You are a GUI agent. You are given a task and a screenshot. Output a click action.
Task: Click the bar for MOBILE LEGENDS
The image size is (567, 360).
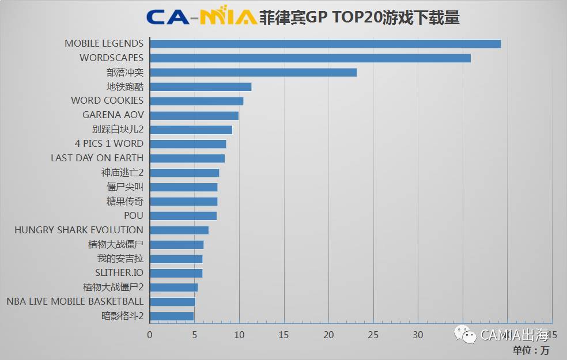(325, 44)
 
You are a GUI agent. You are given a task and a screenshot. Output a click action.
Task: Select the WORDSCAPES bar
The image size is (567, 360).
(310, 58)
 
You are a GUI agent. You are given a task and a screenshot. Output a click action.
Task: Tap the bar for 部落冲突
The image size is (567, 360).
(253, 73)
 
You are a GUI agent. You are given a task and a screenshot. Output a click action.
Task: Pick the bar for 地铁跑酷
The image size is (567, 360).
(201, 87)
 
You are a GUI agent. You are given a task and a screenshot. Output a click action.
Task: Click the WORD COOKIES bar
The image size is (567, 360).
(196, 101)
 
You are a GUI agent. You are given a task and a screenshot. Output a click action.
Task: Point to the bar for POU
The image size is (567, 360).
(183, 215)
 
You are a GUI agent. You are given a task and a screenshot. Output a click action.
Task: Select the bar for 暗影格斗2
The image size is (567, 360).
(172, 316)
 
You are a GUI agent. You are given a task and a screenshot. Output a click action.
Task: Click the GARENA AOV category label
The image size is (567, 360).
(113, 115)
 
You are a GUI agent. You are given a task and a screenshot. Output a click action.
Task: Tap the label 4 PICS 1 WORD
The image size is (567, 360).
(109, 143)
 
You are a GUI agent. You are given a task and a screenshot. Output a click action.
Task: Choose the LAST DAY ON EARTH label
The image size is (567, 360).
(97, 158)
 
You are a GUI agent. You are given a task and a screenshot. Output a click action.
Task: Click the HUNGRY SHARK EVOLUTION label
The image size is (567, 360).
(79, 230)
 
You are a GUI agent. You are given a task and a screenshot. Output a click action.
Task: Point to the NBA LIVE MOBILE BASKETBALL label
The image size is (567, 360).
(75, 301)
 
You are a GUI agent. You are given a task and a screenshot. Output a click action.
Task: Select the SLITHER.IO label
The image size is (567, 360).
(119, 272)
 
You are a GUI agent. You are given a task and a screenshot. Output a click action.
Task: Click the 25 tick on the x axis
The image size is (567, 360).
(373, 335)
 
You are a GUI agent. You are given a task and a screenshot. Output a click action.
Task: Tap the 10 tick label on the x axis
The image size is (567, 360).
(239, 335)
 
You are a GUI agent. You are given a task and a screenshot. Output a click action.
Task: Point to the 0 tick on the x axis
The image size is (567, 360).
(150, 335)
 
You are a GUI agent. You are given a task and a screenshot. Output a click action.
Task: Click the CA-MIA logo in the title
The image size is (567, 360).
(201, 17)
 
